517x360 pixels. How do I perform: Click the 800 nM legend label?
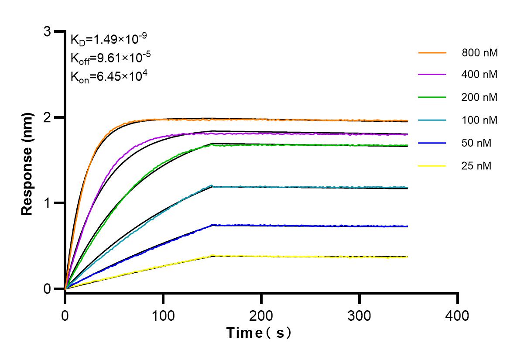coord(479,53)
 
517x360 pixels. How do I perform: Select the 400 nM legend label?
coord(479,75)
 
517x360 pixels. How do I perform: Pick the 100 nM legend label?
coord(479,120)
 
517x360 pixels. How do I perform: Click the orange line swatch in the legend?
coord(432,53)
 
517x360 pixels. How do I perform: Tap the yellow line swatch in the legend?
coord(432,165)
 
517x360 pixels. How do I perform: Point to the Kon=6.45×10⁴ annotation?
coord(109,77)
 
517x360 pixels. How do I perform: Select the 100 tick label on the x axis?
coord(163,315)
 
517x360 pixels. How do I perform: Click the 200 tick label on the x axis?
coord(261,315)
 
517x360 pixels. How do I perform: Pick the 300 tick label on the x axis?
coord(360,315)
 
